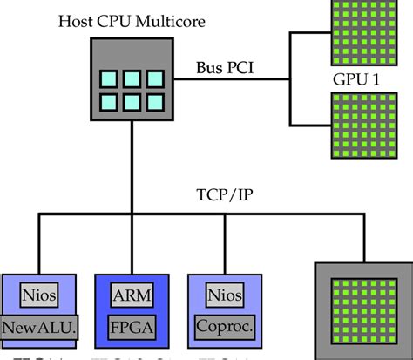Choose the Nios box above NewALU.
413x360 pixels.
coord(39,295)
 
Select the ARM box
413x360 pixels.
coord(132,295)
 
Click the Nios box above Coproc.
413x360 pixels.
coord(226,295)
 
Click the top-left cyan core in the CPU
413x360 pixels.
coord(110,78)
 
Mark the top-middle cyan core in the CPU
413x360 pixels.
coord(131,78)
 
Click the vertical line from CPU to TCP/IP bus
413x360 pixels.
coord(131,166)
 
